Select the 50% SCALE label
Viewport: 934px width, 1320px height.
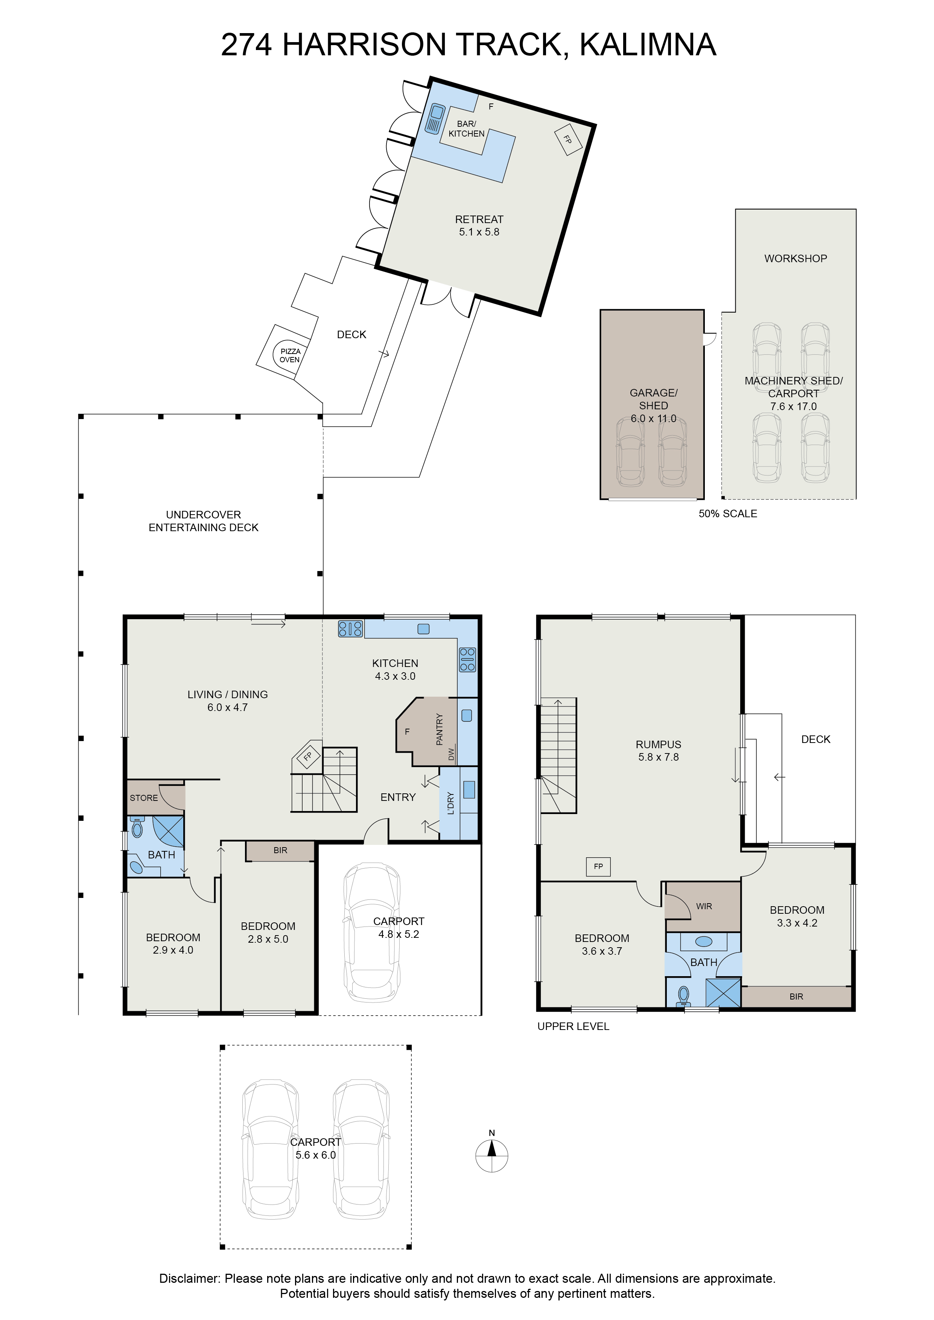(x=727, y=514)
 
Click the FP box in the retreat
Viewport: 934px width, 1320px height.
(x=567, y=139)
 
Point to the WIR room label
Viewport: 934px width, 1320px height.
(x=704, y=906)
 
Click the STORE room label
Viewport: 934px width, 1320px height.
(x=144, y=798)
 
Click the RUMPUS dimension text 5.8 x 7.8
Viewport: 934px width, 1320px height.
(x=659, y=757)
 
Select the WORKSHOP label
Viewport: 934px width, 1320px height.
(x=796, y=259)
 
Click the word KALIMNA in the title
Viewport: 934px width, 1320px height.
(x=648, y=45)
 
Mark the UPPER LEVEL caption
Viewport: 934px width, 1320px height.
(x=573, y=1026)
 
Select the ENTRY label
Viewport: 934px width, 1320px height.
(x=398, y=797)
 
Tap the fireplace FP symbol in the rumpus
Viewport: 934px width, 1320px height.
(x=598, y=866)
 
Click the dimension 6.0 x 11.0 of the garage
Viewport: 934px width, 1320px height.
(x=653, y=419)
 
